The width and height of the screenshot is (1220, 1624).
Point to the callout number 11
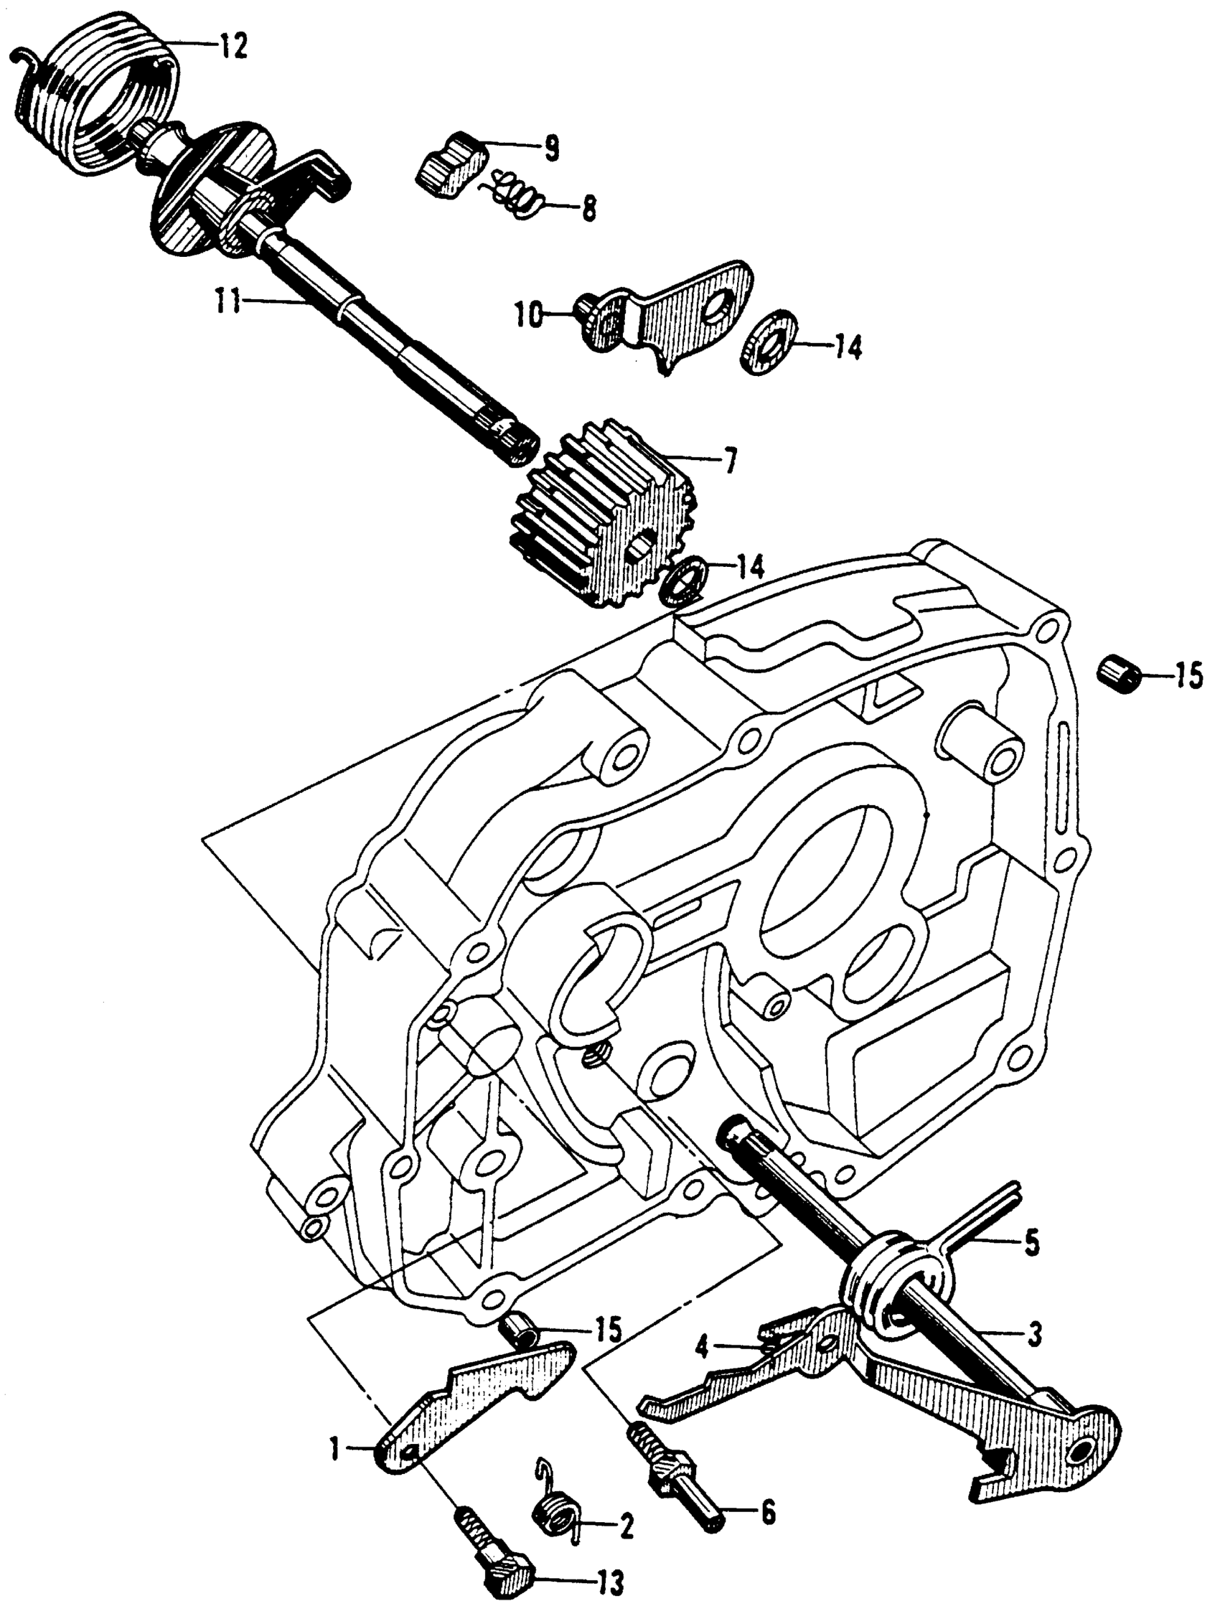(228, 301)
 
